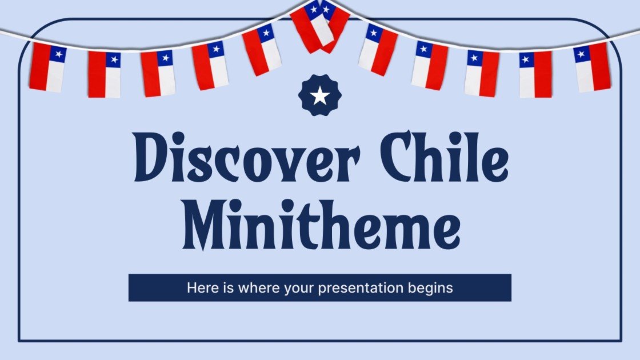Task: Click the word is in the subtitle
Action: pyautogui.click(x=223, y=288)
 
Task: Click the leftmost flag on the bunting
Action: pyautogui.click(x=47, y=67)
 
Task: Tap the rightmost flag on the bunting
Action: pyautogui.click(x=592, y=67)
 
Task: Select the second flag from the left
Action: pyautogui.click(x=104, y=74)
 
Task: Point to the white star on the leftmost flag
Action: pyautogui.click(x=58, y=54)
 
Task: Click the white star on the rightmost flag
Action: pyautogui.click(x=582, y=54)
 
